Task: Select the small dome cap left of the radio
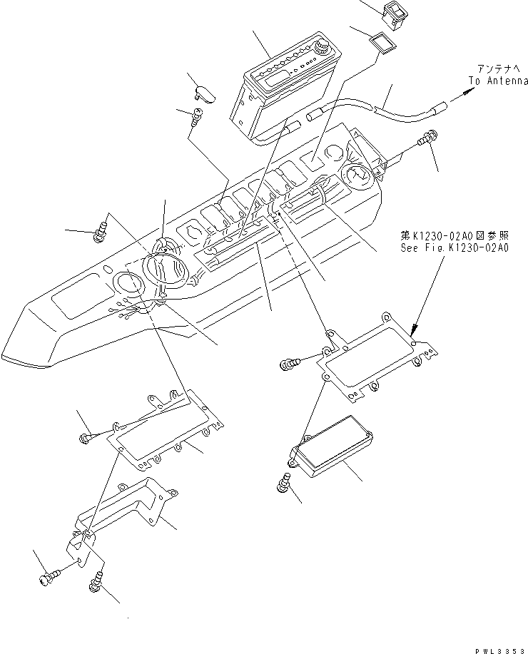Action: coord(204,92)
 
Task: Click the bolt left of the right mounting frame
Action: coord(290,364)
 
